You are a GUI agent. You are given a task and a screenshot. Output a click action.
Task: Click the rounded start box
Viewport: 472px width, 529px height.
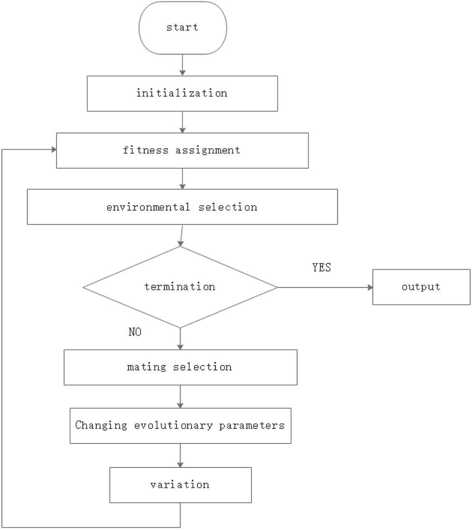[x=182, y=27]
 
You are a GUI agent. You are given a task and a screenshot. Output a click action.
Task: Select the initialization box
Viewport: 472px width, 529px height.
[x=182, y=93]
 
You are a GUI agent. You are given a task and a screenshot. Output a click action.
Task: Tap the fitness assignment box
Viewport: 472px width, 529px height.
[x=182, y=151]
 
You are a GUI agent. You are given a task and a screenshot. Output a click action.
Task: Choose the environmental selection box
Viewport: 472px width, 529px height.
[x=182, y=207]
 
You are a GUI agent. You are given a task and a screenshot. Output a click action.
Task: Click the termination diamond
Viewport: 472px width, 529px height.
[x=180, y=287]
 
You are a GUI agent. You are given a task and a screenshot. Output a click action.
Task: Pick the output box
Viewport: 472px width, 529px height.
[x=421, y=287]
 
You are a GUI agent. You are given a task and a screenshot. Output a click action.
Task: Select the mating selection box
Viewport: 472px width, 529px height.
[x=180, y=367]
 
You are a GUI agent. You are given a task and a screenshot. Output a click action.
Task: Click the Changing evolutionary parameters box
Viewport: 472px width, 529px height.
[x=180, y=425]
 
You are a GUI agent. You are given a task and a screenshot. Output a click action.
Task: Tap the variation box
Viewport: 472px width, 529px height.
[x=180, y=485]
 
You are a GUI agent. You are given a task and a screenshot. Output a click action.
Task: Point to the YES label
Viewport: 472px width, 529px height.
[x=321, y=268]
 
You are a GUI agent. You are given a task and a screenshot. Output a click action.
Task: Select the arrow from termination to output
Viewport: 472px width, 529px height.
[x=324, y=287]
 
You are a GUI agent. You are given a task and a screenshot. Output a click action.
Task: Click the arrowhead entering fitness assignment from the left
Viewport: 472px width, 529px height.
[x=53, y=150]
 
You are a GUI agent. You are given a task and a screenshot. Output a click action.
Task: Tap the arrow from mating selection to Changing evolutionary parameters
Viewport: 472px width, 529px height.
[x=180, y=396]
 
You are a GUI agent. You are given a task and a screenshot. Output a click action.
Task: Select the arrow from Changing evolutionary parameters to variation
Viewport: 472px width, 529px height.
[x=180, y=455]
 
